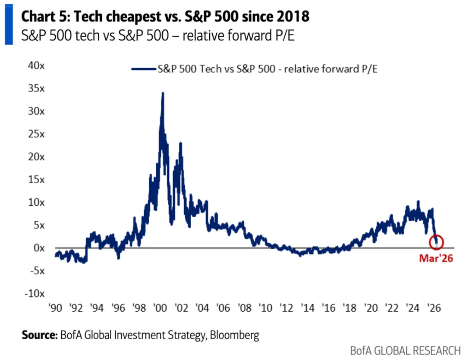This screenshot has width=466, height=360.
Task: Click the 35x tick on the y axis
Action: coord(36,88)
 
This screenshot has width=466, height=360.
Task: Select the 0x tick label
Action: coord(39,248)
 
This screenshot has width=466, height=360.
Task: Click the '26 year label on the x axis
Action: coord(433,308)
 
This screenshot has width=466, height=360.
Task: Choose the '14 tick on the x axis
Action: coord(307,308)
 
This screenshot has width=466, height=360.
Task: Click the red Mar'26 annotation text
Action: coord(436,259)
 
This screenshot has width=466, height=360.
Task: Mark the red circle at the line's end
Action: coord(436,242)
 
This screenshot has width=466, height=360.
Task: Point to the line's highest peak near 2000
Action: coord(162,93)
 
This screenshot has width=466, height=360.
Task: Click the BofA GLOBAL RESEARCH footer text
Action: coord(406,350)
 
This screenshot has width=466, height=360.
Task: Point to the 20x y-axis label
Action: coord(36,157)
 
